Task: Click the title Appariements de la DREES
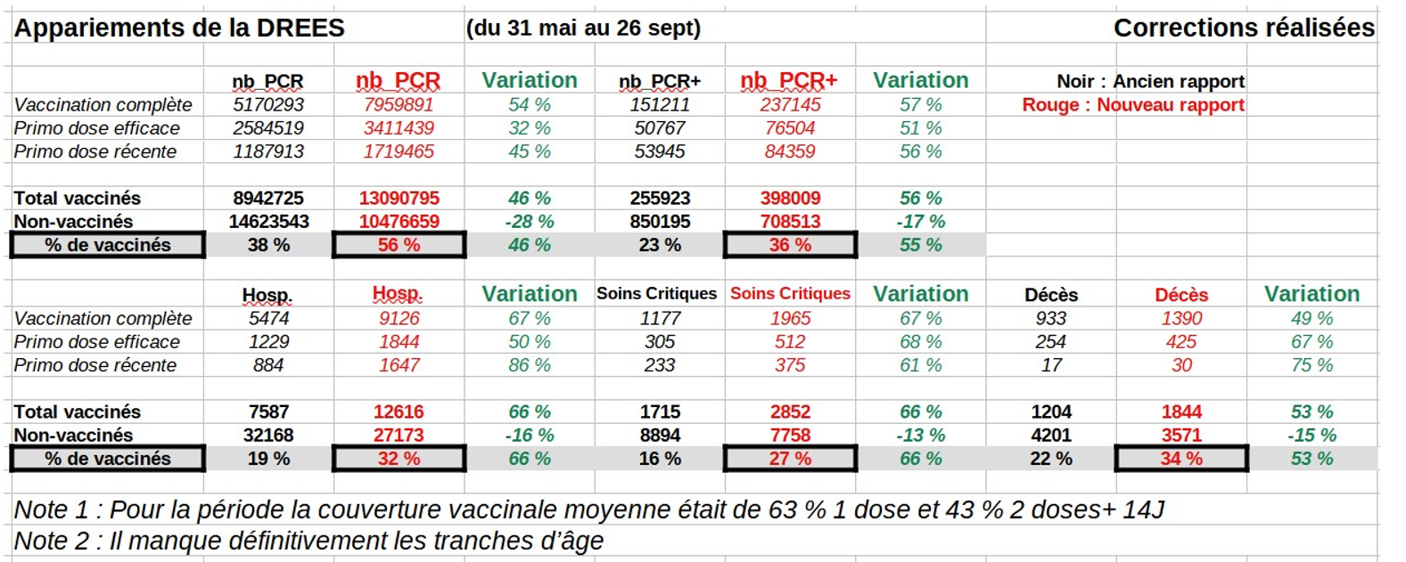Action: tap(179, 29)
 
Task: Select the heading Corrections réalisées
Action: tap(1244, 29)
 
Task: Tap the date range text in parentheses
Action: tap(583, 29)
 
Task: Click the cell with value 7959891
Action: tap(399, 105)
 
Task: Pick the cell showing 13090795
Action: tap(399, 199)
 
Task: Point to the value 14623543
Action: tap(268, 222)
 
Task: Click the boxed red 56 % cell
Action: tap(399, 245)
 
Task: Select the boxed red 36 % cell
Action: tap(790, 245)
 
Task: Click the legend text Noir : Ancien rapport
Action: tap(1150, 82)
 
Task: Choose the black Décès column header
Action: tap(1051, 295)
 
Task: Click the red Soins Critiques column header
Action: tap(790, 294)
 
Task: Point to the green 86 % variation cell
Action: tap(530, 365)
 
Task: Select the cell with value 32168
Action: tap(268, 436)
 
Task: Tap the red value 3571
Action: tap(1181, 436)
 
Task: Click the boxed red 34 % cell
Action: tap(1181, 459)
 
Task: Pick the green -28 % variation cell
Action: tap(530, 222)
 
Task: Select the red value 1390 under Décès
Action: tap(1181, 319)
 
